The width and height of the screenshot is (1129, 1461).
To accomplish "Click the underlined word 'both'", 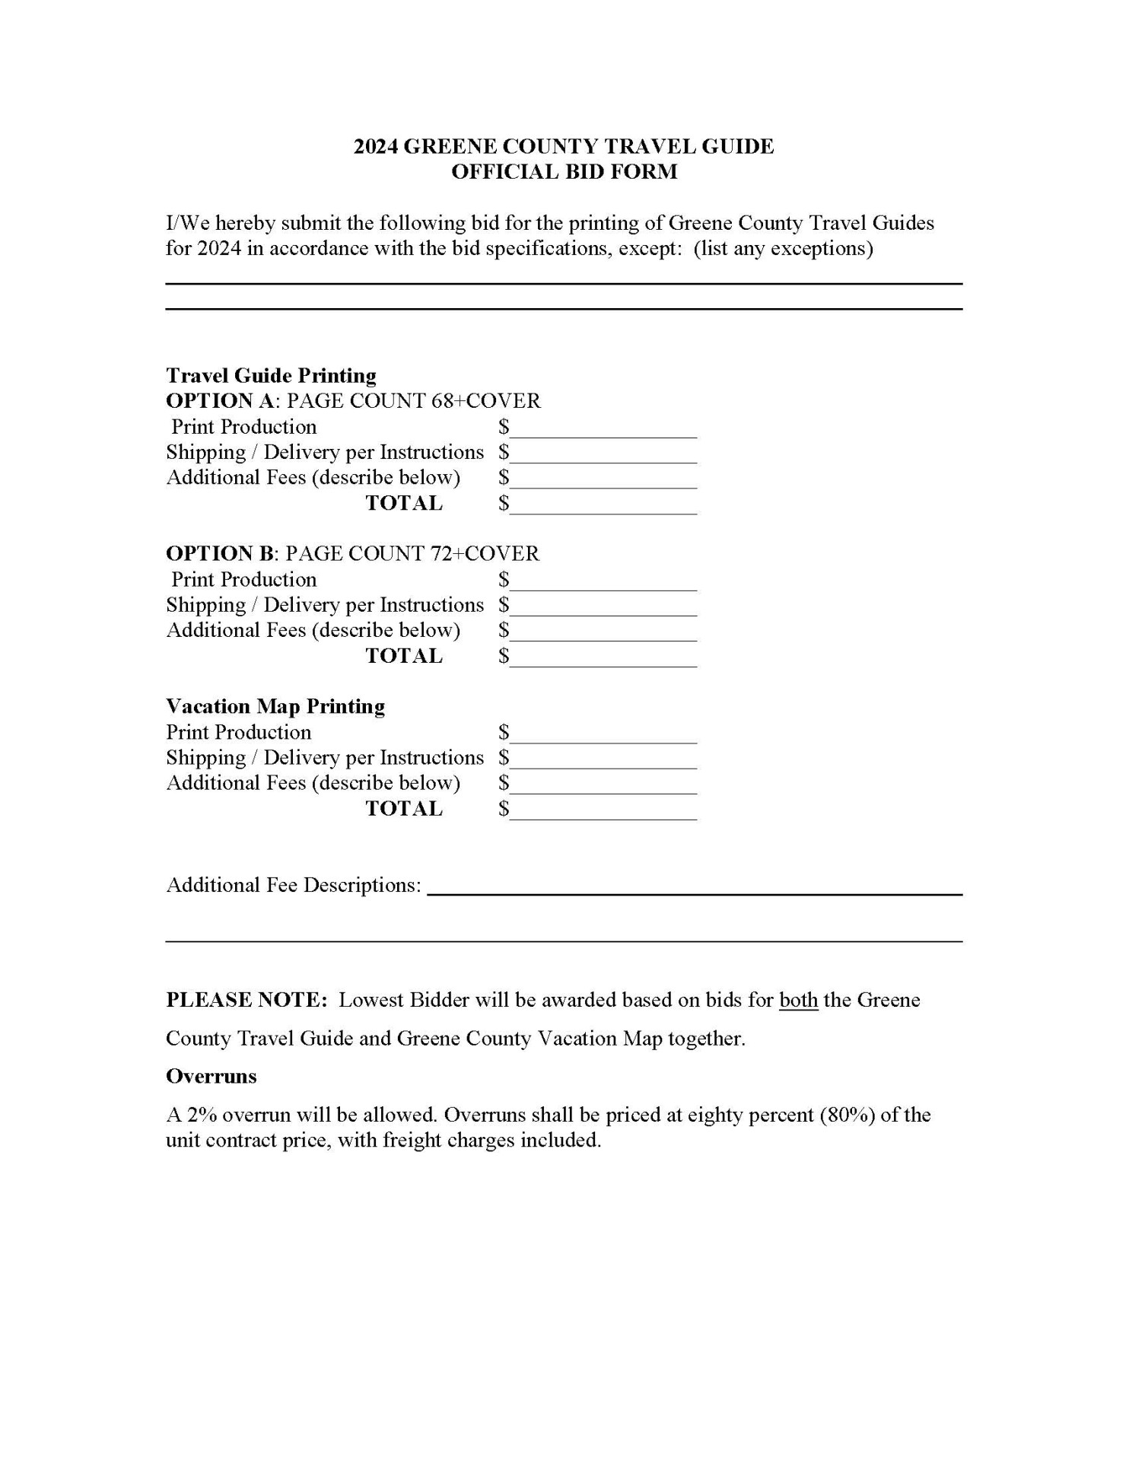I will [798, 1000].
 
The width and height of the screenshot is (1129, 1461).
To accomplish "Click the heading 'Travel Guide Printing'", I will [271, 376].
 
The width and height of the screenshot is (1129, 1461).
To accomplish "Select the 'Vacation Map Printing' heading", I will [275, 707].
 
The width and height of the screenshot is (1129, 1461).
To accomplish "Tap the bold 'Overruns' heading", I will [211, 1077].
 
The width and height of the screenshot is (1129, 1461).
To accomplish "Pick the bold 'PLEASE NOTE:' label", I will [246, 1000].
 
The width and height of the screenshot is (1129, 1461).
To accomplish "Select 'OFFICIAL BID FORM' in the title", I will [564, 172].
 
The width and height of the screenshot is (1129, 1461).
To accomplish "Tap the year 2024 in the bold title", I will [376, 147].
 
